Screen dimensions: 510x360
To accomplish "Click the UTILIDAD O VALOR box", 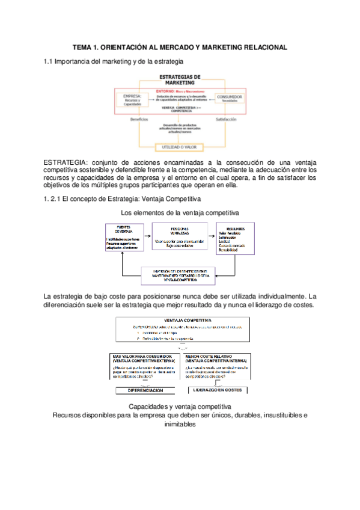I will point(180,146).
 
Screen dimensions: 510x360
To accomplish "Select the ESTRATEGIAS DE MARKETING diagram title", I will point(180,79).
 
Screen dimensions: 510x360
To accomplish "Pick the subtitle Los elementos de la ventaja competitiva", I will point(180,213).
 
